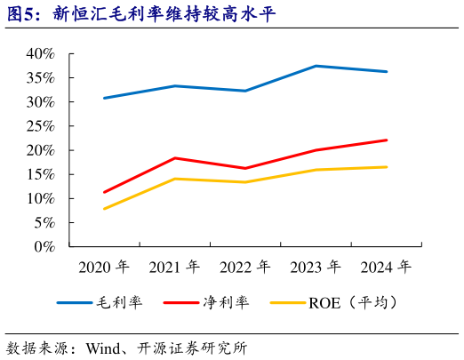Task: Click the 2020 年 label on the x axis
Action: [x=104, y=267]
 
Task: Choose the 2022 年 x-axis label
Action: [x=245, y=267]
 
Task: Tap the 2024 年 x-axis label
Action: [x=387, y=267]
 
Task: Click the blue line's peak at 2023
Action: [x=316, y=66]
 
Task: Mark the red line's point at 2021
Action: [x=175, y=158]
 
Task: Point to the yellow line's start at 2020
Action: [x=105, y=209]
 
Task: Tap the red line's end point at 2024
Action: [x=387, y=140]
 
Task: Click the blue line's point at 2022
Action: [x=245, y=91]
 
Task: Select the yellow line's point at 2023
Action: [x=316, y=170]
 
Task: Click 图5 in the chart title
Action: [x=21, y=13]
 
